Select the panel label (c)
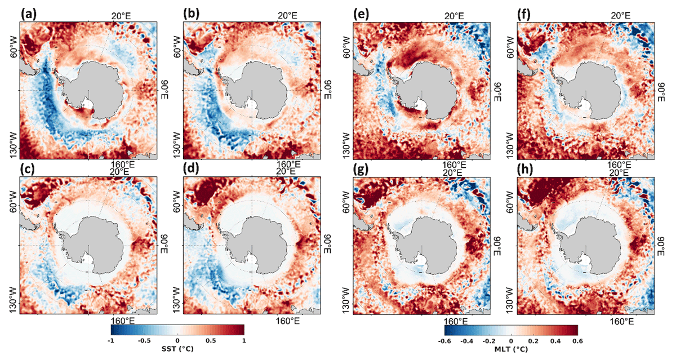pyautogui.click(x=28, y=170)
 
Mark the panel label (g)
pyautogui.click(x=362, y=170)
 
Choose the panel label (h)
pyautogui.click(x=525, y=170)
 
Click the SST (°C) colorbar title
pyautogui.click(x=177, y=349)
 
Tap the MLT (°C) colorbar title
pyautogui.click(x=512, y=349)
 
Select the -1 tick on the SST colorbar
pyautogui.click(x=112, y=341)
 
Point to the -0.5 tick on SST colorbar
pyautogui.click(x=144, y=341)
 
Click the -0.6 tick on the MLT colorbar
pyautogui.click(x=444, y=341)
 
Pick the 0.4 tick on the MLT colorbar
pyautogui.click(x=555, y=341)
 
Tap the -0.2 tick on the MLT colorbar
pyautogui.click(x=489, y=341)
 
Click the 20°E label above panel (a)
pyautogui.click(x=121, y=16)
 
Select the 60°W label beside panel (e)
pyautogui.click(x=348, y=48)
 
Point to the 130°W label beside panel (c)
pyautogui.click(x=14, y=294)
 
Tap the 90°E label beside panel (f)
pyautogui.click(x=660, y=90)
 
